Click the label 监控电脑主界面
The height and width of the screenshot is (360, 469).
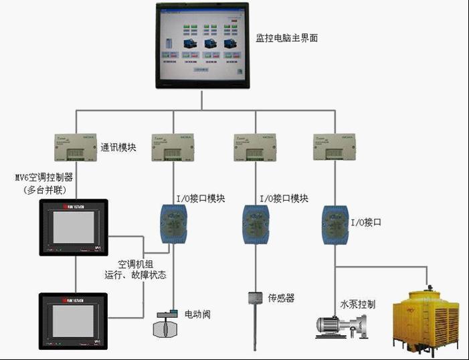coord(286,38)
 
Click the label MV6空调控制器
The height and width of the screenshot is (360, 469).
coord(44,178)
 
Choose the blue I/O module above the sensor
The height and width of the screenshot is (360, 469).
coord(255,221)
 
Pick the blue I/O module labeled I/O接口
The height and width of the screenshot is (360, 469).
coord(335,221)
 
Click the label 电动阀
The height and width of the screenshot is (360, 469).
coord(197,314)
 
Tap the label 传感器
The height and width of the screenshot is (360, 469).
coord(282,298)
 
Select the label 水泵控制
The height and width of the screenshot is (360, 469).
coord(358,304)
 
